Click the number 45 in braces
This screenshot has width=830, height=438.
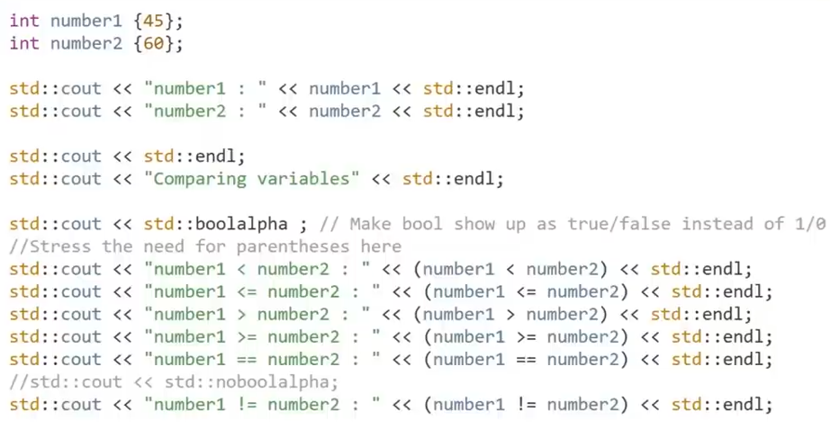pyautogui.click(x=151, y=21)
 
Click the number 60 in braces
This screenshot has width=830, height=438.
pyautogui.click(x=151, y=43)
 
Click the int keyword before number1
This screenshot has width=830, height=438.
pyautogui.click(x=24, y=21)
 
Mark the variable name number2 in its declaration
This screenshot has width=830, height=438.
pyautogui.click(x=86, y=43)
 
